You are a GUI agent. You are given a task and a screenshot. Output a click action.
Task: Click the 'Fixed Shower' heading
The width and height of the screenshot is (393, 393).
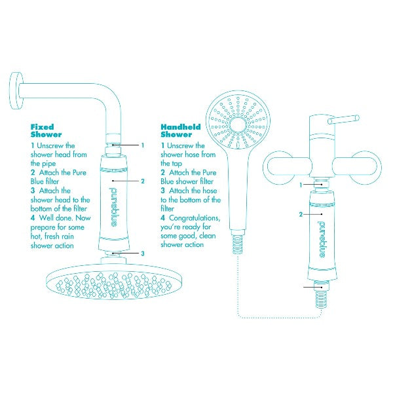click(46, 130)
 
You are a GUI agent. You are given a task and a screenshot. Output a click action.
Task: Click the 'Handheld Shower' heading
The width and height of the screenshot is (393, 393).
click(181, 130)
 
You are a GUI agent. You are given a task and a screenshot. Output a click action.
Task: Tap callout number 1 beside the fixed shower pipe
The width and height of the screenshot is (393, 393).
click(143, 145)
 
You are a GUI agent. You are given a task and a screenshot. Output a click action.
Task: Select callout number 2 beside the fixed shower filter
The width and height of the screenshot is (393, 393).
click(143, 181)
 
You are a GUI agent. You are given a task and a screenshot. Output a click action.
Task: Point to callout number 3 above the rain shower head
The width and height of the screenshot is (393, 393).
click(143, 253)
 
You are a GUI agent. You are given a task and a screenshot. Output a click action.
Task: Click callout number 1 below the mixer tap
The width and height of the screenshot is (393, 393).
click(301, 185)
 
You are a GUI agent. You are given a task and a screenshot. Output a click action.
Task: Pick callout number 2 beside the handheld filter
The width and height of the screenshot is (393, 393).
click(301, 214)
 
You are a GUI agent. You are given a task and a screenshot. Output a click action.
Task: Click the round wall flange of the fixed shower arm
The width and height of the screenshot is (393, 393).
click(16, 91)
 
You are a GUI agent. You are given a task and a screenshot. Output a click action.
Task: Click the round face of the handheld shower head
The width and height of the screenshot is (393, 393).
click(238, 121)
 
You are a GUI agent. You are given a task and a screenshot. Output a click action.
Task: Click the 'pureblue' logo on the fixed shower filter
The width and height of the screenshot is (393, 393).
click(113, 207)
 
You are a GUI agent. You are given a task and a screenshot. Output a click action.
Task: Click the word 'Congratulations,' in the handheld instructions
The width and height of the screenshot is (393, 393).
click(195, 218)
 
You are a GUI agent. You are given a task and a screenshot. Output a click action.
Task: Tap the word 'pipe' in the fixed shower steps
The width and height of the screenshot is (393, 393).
click(48, 164)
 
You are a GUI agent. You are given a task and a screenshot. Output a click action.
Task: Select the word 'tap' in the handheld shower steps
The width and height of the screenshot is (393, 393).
click(176, 164)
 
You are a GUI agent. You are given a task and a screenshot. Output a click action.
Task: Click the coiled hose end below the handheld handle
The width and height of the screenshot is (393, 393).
click(238, 244)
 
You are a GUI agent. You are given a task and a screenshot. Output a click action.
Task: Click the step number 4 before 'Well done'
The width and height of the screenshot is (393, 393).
click(33, 217)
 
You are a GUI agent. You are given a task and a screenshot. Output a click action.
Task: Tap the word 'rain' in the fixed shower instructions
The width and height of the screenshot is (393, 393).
click(66, 236)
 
